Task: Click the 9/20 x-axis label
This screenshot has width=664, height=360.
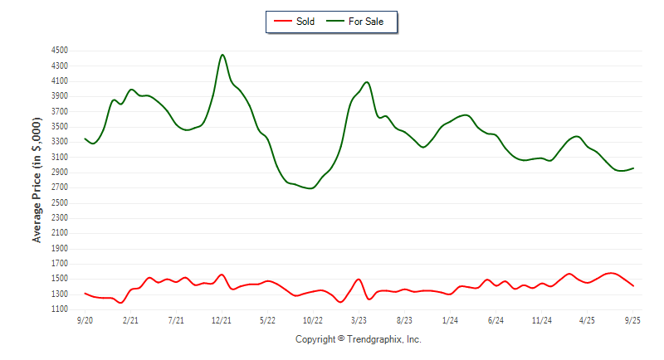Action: [85, 319]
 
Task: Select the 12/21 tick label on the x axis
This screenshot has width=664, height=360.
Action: [222, 319]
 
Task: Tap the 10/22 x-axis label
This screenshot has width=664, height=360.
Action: [313, 319]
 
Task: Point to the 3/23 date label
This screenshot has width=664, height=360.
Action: [359, 319]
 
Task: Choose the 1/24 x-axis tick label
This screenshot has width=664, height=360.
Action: [451, 319]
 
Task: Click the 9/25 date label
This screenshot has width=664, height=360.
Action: [633, 319]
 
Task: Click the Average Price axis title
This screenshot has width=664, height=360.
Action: [37, 180]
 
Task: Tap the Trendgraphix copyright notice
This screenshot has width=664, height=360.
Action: [359, 339]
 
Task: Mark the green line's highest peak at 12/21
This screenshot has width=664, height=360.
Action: [222, 55]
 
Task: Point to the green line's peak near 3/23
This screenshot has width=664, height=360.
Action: [366, 82]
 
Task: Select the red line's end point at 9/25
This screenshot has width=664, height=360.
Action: [633, 286]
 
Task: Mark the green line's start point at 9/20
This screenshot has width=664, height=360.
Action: [85, 139]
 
